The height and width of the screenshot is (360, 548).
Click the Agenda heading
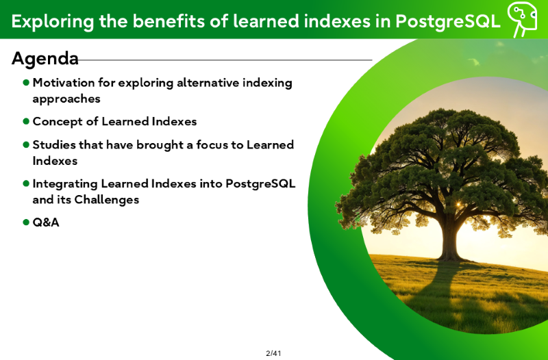click(45, 59)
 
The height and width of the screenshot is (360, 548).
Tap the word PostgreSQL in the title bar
click(448, 21)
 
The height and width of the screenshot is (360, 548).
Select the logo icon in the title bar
click(522, 19)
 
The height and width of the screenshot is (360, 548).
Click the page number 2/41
click(273, 353)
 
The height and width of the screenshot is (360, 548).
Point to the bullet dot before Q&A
click(26, 222)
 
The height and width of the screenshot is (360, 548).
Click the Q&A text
click(46, 222)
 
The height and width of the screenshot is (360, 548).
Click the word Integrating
click(65, 184)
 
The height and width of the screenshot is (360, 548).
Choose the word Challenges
click(107, 200)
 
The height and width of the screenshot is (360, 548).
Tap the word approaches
click(66, 99)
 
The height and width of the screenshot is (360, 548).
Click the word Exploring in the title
click(53, 22)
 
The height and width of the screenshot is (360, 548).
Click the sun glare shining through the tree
click(458, 204)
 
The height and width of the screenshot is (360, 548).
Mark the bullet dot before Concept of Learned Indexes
click(26, 121)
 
